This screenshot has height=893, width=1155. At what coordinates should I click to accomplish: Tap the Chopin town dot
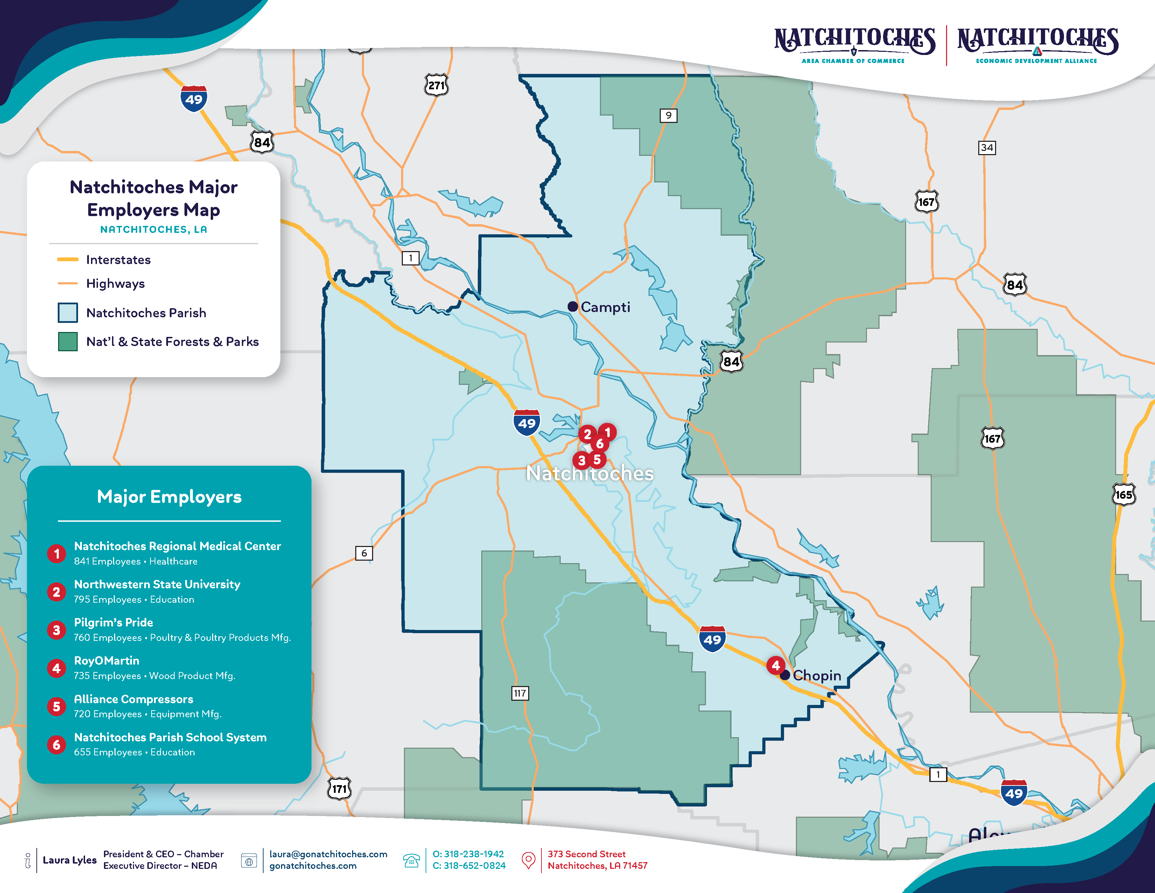[x=785, y=675]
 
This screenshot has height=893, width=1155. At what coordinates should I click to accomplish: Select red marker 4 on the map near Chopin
[x=775, y=665]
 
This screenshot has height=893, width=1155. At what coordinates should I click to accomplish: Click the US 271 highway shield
[x=436, y=85]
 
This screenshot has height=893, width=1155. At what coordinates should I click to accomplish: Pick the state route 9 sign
[x=668, y=115]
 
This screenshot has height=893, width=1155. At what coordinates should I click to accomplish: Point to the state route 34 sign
[x=986, y=147]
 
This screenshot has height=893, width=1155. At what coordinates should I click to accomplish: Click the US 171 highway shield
[x=339, y=789]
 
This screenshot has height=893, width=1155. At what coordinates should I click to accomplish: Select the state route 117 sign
[x=520, y=693]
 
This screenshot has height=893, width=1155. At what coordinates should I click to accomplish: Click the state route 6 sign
[x=364, y=553]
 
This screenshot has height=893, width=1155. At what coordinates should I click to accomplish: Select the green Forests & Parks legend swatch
[x=68, y=342]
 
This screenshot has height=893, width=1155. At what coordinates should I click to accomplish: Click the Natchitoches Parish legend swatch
[x=68, y=313]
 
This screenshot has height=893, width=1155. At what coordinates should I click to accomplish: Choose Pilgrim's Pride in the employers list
[x=113, y=623]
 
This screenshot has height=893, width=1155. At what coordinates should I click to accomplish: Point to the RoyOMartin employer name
[x=107, y=661]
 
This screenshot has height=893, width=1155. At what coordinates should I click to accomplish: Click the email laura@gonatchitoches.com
[x=328, y=854]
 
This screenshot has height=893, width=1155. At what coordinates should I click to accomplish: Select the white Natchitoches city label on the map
[x=590, y=473]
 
